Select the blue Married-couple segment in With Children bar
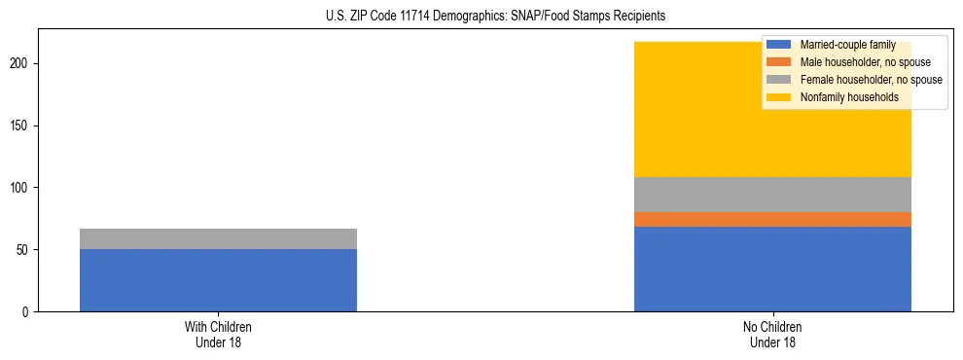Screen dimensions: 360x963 pos(218,280)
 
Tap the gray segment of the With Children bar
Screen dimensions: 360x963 pos(218,238)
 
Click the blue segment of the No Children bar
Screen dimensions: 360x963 pos(772,269)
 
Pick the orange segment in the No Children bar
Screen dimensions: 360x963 pos(772,219)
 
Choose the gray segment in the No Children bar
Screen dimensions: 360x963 pos(772,195)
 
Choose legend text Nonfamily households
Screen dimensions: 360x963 pos(849,97)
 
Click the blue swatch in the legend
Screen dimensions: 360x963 pos(779,45)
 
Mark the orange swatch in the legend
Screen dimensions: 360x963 pos(779,62)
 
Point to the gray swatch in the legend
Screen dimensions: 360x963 pos(779,80)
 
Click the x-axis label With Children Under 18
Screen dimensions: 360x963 pos(218,334)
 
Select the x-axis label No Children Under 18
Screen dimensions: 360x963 pos(772,334)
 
